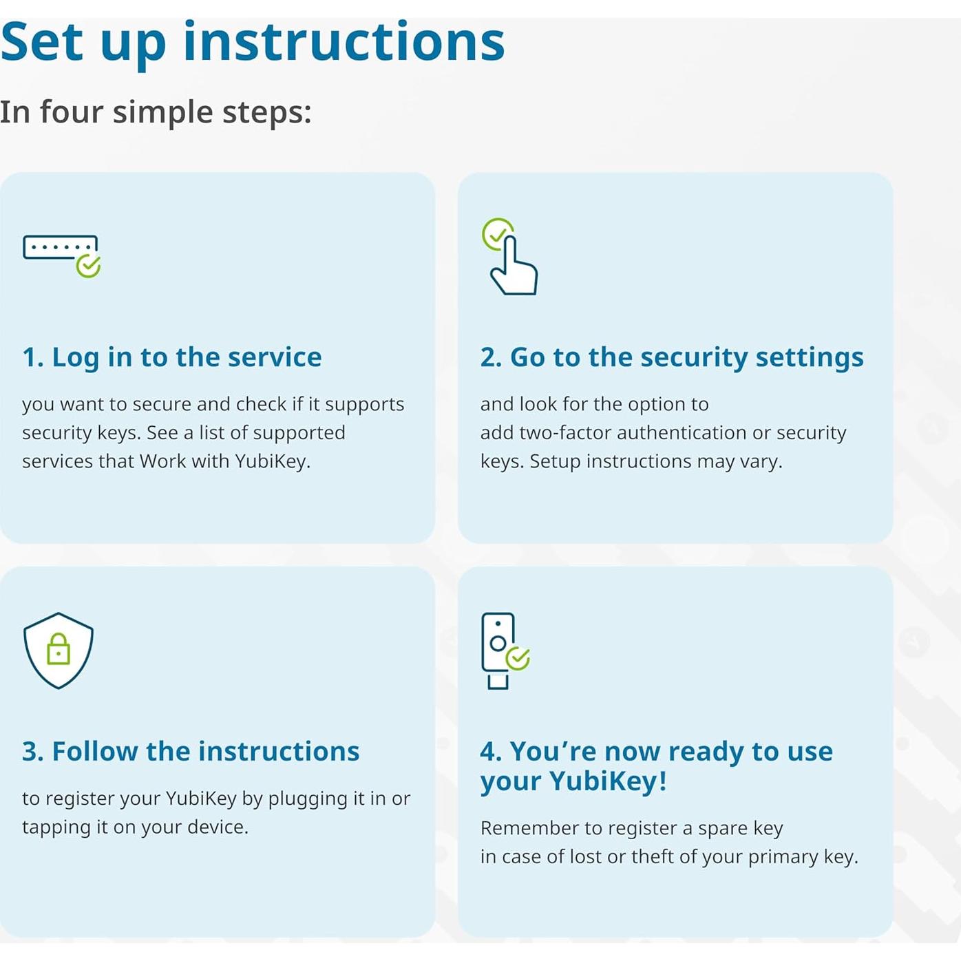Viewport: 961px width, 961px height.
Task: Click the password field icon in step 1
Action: pyautogui.click(x=60, y=247)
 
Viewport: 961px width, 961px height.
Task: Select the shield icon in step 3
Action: pyautogui.click(x=59, y=651)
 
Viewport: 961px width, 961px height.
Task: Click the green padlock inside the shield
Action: pyautogui.click(x=59, y=648)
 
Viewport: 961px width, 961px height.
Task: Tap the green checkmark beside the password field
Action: pyautogui.click(x=88, y=266)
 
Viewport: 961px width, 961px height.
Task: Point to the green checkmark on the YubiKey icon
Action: pyautogui.click(x=518, y=658)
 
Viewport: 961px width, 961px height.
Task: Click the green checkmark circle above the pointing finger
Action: pyautogui.click(x=497, y=233)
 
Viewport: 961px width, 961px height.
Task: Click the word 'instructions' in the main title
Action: pyautogui.click(x=344, y=43)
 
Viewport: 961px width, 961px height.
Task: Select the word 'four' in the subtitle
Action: pyautogui.click(x=72, y=112)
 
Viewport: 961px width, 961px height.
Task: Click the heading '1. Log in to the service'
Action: pyautogui.click(x=172, y=357)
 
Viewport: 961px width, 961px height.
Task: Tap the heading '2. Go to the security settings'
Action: pyautogui.click(x=672, y=357)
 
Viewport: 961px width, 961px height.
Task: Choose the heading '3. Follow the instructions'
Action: pyautogui.click(x=191, y=751)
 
